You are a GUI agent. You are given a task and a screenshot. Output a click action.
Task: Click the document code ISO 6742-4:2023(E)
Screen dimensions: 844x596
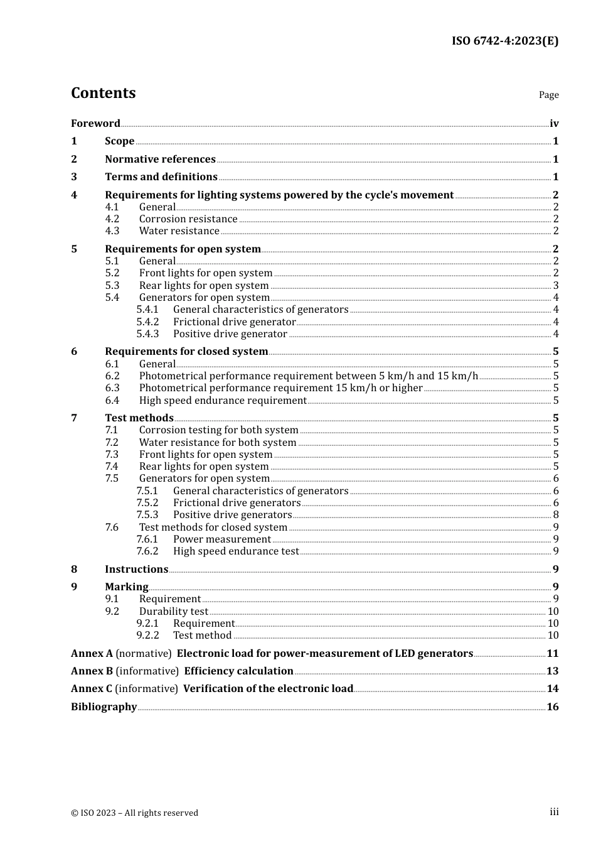point(504,41)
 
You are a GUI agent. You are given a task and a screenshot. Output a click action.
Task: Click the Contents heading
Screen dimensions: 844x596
point(103,93)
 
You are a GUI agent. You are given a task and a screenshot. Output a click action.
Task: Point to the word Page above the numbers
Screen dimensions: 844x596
point(548,95)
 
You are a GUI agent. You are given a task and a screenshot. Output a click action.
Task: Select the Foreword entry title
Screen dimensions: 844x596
point(95,124)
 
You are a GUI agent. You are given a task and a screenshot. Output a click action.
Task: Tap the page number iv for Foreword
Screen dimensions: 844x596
point(554,124)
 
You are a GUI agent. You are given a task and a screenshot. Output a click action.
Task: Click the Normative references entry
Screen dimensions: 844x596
point(160,160)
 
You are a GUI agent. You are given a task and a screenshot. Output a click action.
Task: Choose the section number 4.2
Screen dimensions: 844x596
point(112,219)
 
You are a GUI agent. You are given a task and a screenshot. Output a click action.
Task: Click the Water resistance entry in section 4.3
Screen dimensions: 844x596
point(179,231)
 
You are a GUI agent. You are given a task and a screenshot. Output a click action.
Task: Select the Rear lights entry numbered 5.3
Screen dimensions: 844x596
point(204,286)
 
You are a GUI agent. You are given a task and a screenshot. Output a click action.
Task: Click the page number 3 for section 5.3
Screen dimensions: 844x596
point(555,286)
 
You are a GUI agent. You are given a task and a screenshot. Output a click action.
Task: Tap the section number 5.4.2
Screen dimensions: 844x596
point(147,322)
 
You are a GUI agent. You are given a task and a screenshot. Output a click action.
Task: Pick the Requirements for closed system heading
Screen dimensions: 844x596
point(186,352)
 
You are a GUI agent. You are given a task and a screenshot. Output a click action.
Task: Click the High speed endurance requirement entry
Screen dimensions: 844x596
point(223,401)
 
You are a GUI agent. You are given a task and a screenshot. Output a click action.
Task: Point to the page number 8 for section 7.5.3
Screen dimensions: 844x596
point(555,515)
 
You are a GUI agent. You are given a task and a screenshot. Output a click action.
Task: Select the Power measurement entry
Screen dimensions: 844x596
point(222,539)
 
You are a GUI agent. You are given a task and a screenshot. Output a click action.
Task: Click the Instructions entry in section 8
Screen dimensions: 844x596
point(136,570)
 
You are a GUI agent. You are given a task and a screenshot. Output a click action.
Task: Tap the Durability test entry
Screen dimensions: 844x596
point(173,612)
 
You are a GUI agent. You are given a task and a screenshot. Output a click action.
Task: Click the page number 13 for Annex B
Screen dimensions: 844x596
point(552,671)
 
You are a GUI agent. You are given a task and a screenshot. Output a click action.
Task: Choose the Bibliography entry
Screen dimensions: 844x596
point(104,707)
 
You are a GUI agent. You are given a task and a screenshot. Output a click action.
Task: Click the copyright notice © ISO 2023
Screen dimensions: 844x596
point(134,813)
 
